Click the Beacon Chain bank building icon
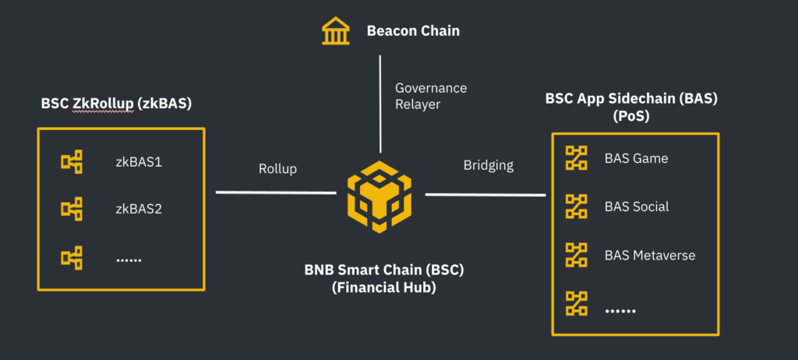336,31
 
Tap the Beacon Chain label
413,31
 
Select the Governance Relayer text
430,96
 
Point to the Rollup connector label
277,168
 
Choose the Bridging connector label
489,164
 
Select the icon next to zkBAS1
72,162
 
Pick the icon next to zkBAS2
72,208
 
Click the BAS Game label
636,158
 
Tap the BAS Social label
636,206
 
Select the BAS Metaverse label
649,255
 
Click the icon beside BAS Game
576,158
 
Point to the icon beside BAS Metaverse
576,255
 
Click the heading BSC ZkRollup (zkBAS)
117,104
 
